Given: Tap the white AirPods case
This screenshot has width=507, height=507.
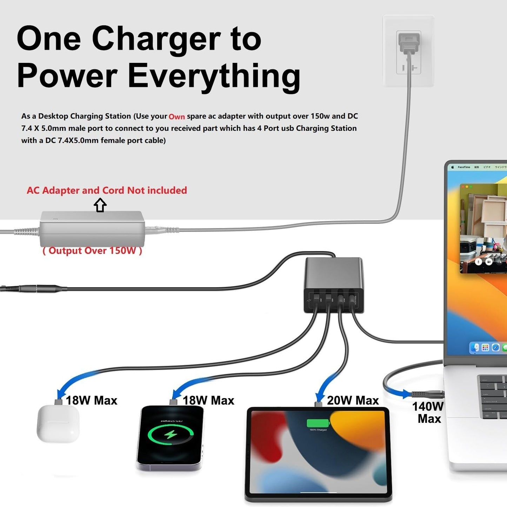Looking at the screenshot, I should click(x=58, y=423).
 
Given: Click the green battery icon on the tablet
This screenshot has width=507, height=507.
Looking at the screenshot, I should click(x=318, y=423).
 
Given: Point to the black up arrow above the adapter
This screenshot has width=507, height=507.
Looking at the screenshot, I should click(x=100, y=205).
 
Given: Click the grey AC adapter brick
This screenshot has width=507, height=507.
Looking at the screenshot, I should click(x=92, y=229).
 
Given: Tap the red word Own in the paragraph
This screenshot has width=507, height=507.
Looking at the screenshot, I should click(x=176, y=117).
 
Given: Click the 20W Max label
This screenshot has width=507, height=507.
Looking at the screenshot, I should click(x=353, y=400).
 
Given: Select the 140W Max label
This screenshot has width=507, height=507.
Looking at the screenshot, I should click(x=428, y=412).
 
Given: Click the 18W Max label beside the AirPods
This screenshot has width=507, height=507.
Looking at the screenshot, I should click(x=91, y=400).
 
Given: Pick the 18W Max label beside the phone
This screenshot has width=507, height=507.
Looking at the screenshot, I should click(x=208, y=400).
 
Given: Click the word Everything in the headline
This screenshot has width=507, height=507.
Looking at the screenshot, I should click(x=214, y=76).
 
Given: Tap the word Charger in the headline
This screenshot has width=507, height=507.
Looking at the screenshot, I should click(x=156, y=39).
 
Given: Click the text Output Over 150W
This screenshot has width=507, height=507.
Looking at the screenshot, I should click(x=92, y=251).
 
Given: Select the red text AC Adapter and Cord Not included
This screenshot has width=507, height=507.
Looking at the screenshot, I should click(x=107, y=190).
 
